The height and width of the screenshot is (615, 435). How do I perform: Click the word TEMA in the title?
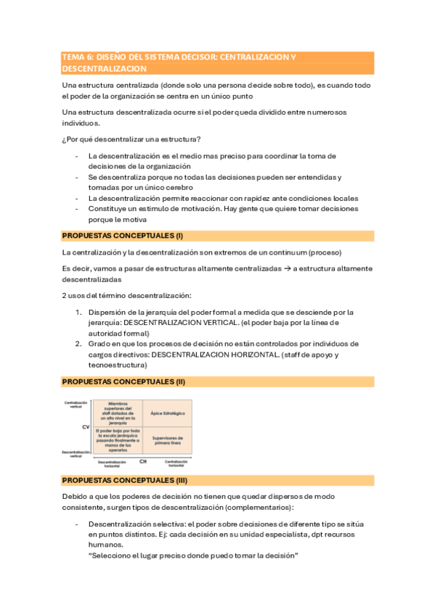(x=73, y=57)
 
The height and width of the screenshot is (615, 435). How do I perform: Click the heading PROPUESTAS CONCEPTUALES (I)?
(x=123, y=236)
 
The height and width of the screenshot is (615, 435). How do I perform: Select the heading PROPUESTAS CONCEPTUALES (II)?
(x=124, y=381)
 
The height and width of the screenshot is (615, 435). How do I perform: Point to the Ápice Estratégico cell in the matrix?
(x=168, y=413)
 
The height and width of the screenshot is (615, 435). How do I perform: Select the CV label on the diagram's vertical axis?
(x=85, y=427)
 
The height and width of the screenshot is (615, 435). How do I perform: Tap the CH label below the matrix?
(x=142, y=461)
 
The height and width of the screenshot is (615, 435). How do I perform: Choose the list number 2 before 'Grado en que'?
(x=78, y=344)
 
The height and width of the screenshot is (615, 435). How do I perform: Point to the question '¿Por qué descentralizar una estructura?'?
(x=131, y=139)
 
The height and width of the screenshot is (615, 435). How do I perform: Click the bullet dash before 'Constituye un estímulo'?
(x=77, y=208)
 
